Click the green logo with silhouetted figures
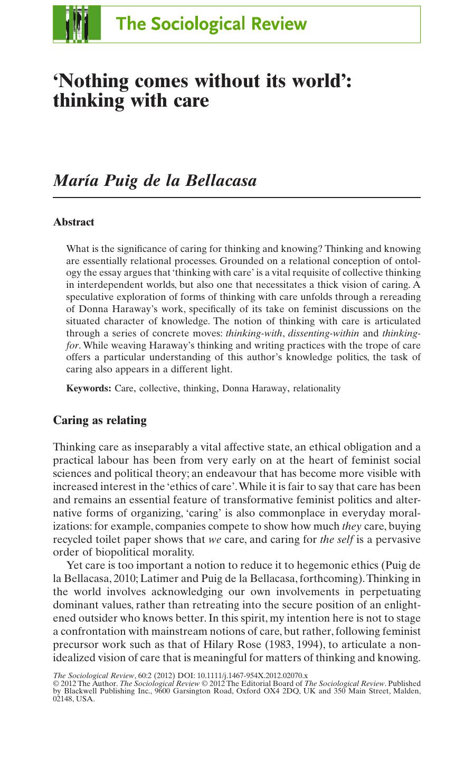pyautogui.click(x=77, y=24)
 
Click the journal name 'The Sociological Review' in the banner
pyautogui.click(x=211, y=24)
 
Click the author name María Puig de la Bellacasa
pyautogui.click(x=155, y=181)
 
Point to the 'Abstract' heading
pyautogui.click(x=73, y=222)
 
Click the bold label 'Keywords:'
pyautogui.click(x=88, y=389)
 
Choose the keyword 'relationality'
pyautogui.click(x=317, y=389)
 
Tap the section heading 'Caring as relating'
pyautogui.click(x=100, y=420)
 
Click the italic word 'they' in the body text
pyautogui.click(x=352, y=526)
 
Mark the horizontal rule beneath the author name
pyautogui.click(x=236, y=198)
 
